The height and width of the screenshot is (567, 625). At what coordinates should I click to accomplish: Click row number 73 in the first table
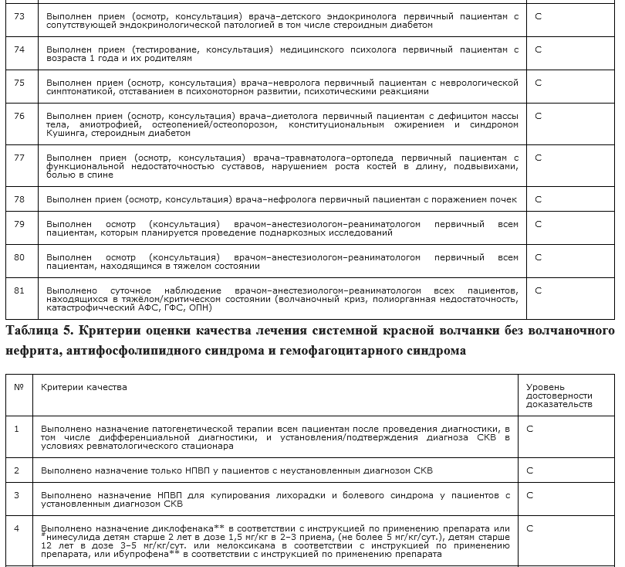(19, 15)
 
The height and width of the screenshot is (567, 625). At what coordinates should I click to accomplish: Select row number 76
(19, 116)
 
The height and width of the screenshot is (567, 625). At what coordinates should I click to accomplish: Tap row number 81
(19, 290)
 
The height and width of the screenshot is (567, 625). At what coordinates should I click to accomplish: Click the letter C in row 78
(538, 199)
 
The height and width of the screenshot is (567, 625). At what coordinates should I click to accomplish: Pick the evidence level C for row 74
(538, 49)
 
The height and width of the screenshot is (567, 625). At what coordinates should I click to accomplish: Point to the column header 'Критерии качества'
(84, 386)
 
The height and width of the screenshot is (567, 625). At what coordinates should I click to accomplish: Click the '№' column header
(19, 386)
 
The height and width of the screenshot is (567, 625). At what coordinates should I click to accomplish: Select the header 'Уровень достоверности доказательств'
(559, 395)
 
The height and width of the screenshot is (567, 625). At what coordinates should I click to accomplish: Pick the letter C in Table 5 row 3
(530, 495)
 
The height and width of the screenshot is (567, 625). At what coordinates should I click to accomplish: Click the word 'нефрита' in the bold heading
(29, 351)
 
